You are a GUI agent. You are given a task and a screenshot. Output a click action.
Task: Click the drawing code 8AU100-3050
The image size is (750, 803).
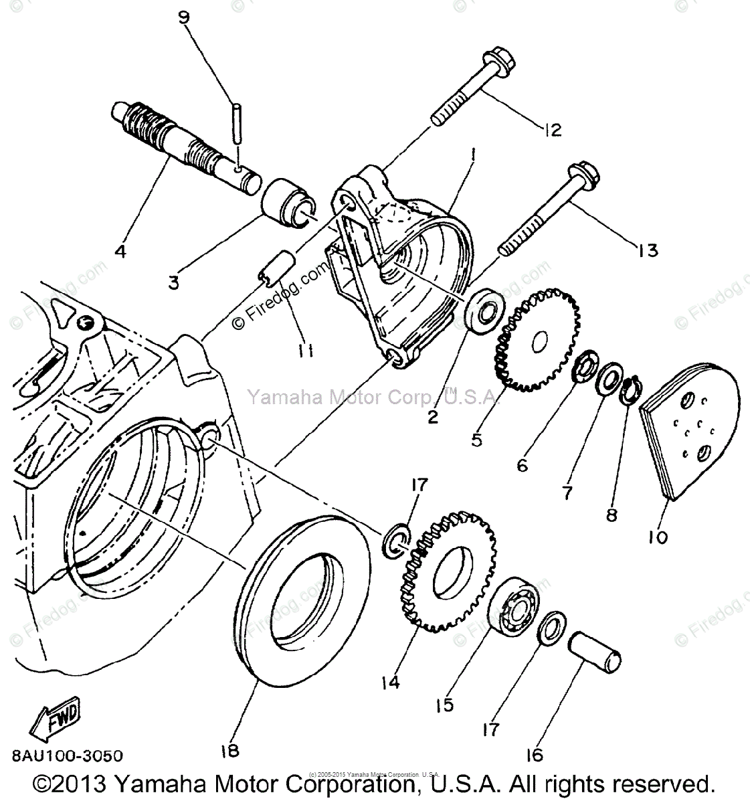tap(66, 756)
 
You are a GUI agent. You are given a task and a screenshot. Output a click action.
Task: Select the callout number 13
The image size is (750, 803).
tap(648, 250)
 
